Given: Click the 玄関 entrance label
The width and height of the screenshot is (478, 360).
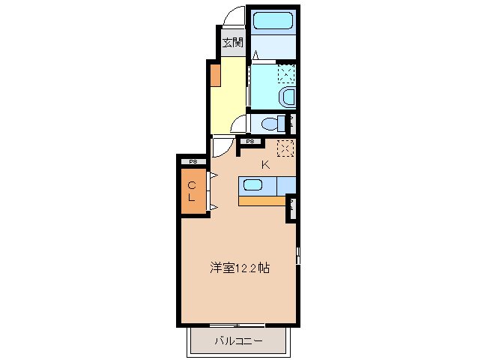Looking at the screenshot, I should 232,42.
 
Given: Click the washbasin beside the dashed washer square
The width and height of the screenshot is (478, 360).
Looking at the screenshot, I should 286,96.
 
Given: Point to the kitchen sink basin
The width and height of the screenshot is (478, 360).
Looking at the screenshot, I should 252,185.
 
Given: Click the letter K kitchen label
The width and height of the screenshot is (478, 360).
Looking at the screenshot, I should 265,165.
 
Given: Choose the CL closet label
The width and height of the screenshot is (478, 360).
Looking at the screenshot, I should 192,192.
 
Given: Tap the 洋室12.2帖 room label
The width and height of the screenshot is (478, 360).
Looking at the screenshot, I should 239,266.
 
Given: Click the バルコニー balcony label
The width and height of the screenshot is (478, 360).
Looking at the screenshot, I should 238,341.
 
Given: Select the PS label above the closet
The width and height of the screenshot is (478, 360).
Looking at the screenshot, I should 193,161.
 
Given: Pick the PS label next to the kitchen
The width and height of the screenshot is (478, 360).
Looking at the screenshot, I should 250,141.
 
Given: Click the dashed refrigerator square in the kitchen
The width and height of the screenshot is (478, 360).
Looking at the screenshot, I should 285,148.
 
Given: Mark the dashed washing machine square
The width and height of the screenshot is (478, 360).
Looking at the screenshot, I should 285,73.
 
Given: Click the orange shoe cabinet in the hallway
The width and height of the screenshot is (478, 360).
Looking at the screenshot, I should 214,75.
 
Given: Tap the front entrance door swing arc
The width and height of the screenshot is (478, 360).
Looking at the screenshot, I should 235,17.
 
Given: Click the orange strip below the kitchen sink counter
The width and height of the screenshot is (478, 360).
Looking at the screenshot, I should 262,200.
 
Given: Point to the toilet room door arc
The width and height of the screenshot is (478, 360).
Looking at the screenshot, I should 239,124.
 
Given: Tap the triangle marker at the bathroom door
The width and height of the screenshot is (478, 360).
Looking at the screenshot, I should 255,55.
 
